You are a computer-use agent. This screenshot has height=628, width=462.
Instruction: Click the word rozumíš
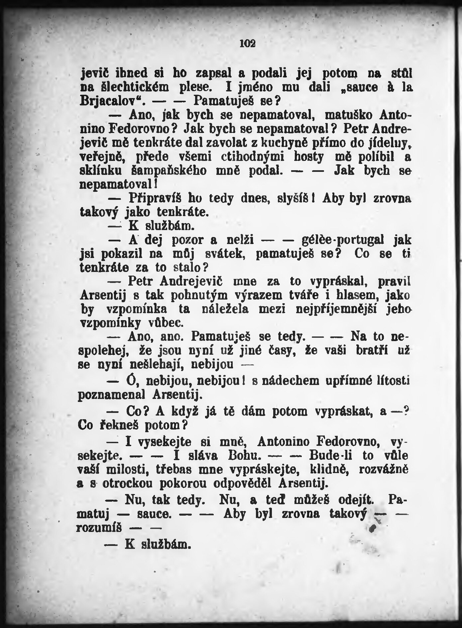tap(99, 528)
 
